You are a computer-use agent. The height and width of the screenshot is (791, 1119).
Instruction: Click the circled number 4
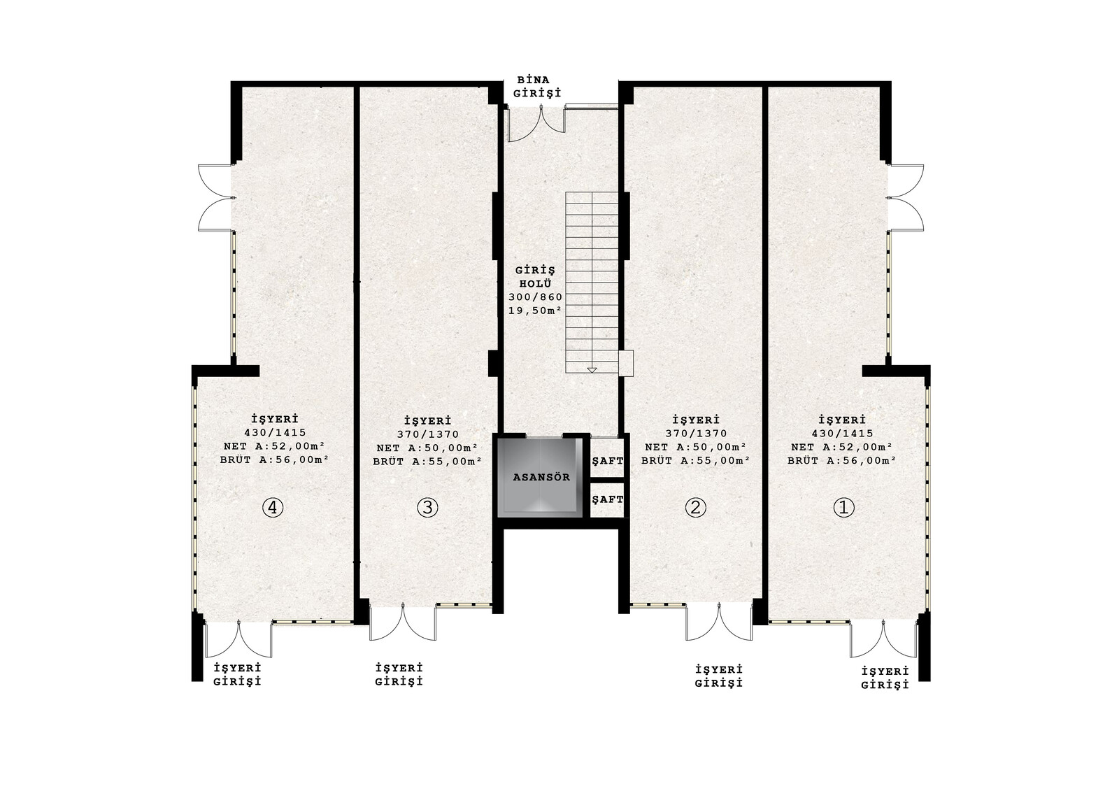click(x=273, y=508)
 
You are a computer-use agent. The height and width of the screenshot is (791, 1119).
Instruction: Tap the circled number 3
click(x=427, y=508)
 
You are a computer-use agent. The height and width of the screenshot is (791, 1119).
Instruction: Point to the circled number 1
click(x=843, y=508)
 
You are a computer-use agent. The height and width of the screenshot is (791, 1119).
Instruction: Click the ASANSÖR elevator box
click(x=541, y=477)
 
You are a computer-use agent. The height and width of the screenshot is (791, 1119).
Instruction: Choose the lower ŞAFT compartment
click(x=607, y=499)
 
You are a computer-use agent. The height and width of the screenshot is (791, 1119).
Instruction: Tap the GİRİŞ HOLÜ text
click(x=535, y=277)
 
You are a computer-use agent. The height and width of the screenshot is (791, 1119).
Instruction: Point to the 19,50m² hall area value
click(x=535, y=311)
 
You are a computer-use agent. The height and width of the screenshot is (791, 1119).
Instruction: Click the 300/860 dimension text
click(x=535, y=297)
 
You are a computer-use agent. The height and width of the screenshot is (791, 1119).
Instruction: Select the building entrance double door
click(x=536, y=123)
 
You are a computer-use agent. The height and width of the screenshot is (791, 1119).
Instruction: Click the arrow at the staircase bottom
click(x=592, y=370)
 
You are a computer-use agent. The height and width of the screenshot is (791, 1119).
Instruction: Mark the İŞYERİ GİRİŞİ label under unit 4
click(x=238, y=675)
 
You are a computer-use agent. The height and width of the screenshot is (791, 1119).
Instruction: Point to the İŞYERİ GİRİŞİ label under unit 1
click(x=885, y=678)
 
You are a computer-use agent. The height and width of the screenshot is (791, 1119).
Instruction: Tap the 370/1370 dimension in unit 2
click(x=696, y=434)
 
